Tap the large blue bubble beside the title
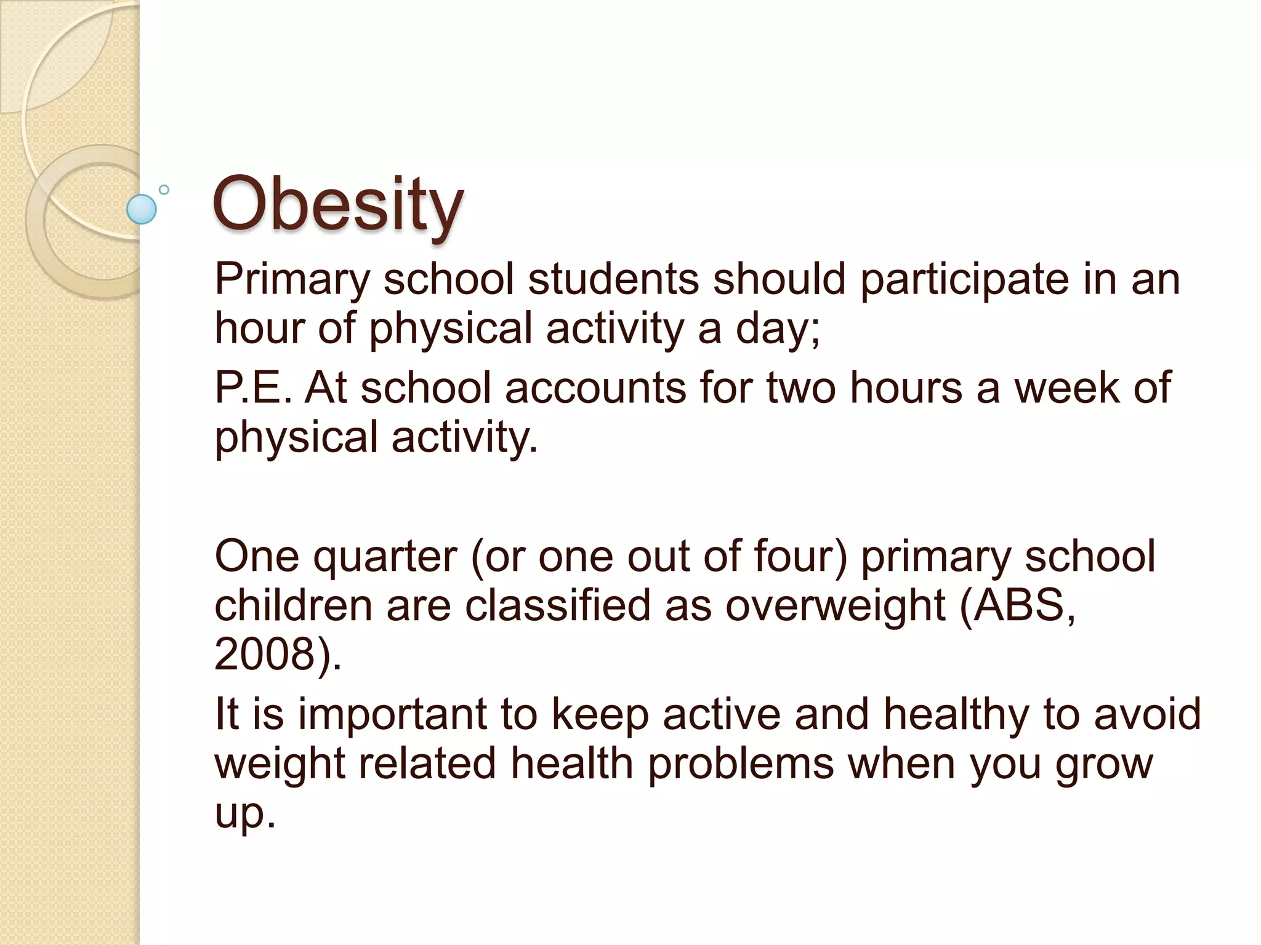point(142,209)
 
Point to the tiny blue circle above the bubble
point(164,189)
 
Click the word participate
point(964,280)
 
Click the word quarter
point(385,557)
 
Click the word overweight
point(835,606)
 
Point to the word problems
point(741,764)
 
